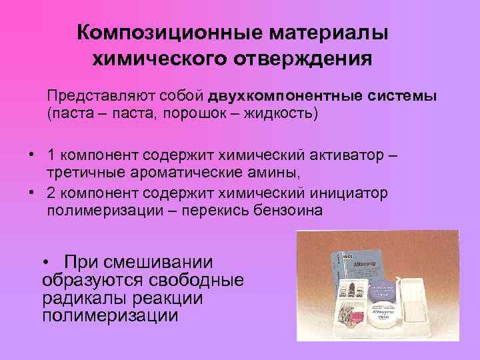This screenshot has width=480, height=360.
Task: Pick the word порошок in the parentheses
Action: [186, 113]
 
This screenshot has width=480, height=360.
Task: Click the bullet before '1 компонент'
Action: [31, 155]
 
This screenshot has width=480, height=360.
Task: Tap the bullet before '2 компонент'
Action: [31, 193]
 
